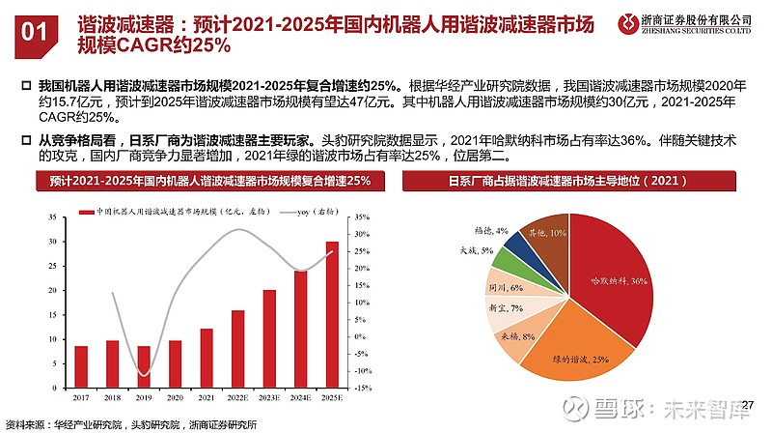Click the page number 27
pos(751,403)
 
